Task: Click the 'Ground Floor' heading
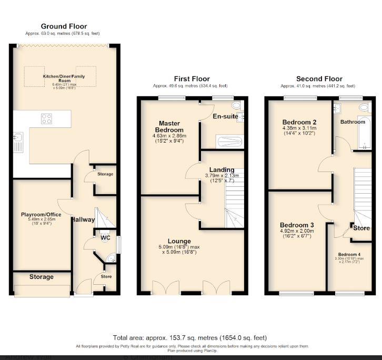click(x=64, y=26)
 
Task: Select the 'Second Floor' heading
click(x=319, y=79)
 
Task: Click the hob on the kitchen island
click(x=46, y=119)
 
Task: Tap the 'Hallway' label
click(x=83, y=219)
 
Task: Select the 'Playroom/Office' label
click(x=41, y=215)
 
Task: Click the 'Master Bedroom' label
click(x=169, y=126)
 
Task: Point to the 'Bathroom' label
click(x=352, y=122)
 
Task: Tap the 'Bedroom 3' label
click(x=297, y=225)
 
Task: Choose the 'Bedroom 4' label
click(x=349, y=254)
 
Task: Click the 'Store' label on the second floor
click(x=361, y=228)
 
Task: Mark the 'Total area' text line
click(x=190, y=337)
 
